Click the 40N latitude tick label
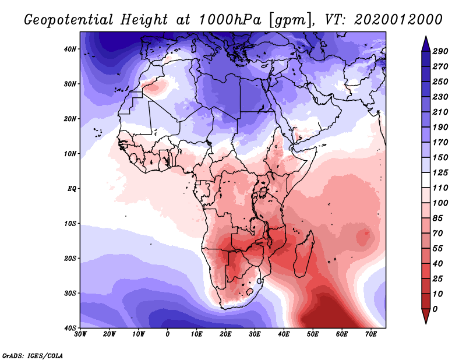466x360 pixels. click(70, 49)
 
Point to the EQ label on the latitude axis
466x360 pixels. click(72, 189)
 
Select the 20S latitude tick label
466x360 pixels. click(70, 258)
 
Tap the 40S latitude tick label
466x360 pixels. click(70, 328)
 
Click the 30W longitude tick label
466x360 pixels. click(80, 334)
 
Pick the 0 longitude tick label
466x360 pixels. click(168, 334)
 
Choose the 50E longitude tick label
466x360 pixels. click(313, 334)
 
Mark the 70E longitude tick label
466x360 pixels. click(371, 334)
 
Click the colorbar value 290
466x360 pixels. click(440, 51)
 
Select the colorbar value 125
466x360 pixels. click(440, 172)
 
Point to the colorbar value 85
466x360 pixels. click(437, 218)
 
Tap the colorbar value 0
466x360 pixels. click(435, 309)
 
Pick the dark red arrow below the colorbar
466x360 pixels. click(426, 316)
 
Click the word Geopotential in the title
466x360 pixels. click(69, 20)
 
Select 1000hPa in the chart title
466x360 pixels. click(230, 20)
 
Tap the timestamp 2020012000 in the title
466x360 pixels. click(398, 20)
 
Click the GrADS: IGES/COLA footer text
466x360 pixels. click(33, 355)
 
